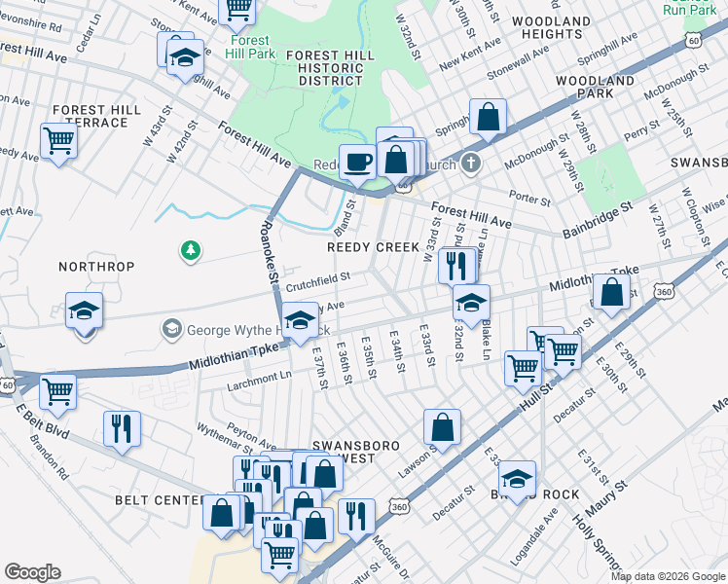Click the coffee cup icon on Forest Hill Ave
[357, 162]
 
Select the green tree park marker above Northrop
[192, 251]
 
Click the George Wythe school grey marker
[172, 329]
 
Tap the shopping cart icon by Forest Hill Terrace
[59, 140]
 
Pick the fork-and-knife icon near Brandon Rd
[122, 427]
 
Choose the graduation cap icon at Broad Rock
[517, 478]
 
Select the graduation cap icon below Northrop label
[85, 310]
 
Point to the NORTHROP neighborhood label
[95, 267]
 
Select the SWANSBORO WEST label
[355, 452]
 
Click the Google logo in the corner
[33, 571]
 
